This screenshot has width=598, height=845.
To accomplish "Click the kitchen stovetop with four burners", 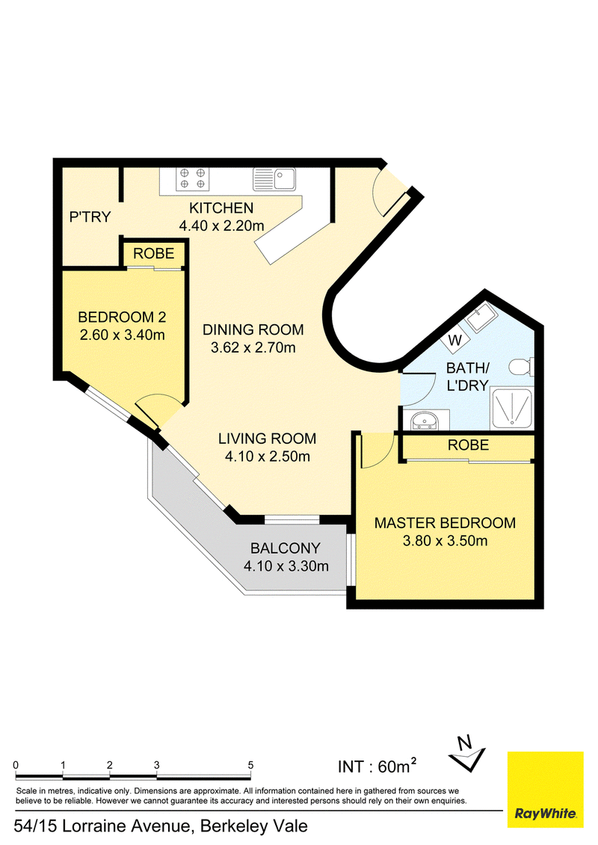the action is click(x=192, y=179).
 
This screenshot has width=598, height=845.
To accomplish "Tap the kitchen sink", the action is click(x=274, y=179).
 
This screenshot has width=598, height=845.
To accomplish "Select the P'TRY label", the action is click(x=90, y=217).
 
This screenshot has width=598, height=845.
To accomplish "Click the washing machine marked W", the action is click(x=455, y=340).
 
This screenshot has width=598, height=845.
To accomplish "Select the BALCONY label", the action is click(x=286, y=548).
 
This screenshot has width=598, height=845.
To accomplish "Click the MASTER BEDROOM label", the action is click(x=445, y=523).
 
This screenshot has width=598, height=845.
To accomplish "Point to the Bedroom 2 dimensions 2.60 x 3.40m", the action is click(x=123, y=335).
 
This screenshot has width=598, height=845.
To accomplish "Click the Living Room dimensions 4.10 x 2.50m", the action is click(x=268, y=456).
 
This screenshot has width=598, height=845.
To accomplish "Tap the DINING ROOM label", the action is click(x=253, y=329).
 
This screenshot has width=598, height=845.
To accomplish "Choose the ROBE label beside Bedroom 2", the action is click(x=154, y=253).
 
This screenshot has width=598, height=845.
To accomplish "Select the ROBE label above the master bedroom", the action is click(x=469, y=445).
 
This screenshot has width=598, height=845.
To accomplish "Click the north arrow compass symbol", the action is click(x=467, y=753).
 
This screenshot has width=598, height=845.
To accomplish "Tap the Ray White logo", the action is click(x=546, y=790).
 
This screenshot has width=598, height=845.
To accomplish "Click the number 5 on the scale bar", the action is click(x=250, y=765).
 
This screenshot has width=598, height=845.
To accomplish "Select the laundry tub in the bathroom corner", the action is click(x=481, y=318).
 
